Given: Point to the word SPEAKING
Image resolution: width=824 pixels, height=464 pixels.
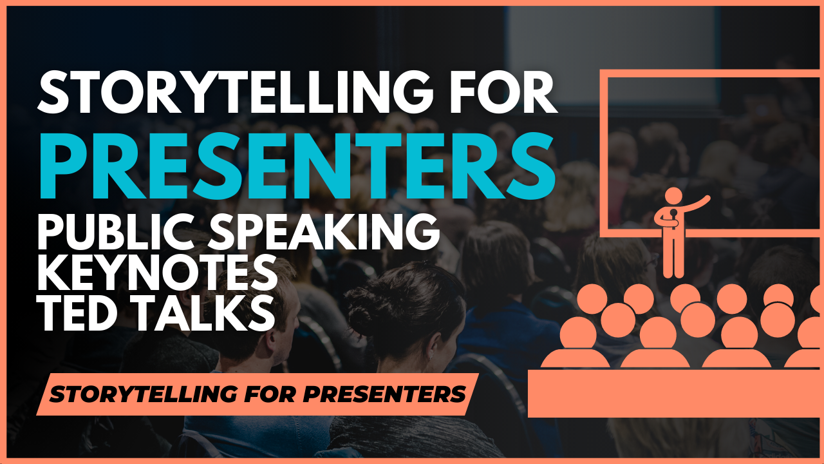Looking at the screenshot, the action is click(324, 231).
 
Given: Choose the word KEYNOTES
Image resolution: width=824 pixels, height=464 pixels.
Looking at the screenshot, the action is click(157, 273).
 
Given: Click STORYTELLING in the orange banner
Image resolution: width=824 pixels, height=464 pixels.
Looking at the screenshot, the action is click(144, 394).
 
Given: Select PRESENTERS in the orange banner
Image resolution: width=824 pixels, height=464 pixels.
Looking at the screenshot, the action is click(384, 394).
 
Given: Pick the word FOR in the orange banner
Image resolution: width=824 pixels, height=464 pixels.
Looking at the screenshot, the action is click(270, 394).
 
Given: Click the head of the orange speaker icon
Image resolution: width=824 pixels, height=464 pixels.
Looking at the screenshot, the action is click(673, 197).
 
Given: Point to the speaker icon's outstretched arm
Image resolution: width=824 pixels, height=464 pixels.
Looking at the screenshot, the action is click(695, 204).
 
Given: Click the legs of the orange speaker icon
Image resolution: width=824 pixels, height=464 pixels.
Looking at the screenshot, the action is click(673, 258).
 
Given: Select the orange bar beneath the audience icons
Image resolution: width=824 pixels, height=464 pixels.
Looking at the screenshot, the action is click(676, 394).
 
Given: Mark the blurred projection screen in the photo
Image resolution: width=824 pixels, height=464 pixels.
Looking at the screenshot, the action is click(612, 55).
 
